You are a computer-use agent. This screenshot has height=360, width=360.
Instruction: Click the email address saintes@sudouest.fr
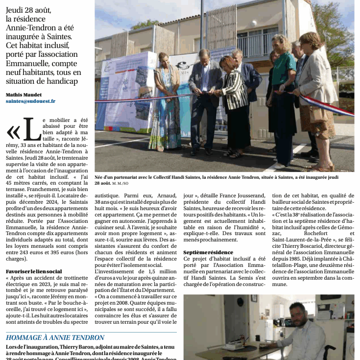click(30, 101)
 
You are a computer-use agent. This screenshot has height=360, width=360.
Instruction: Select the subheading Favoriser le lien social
click(34, 271)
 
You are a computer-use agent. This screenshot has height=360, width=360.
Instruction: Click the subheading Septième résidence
click(208, 252)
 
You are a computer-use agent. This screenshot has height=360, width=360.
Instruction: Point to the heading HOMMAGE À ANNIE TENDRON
click(55, 337)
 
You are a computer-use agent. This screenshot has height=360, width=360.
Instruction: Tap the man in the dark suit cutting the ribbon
click(206, 98)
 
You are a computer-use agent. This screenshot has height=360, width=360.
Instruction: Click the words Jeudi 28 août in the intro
click(28, 10)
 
